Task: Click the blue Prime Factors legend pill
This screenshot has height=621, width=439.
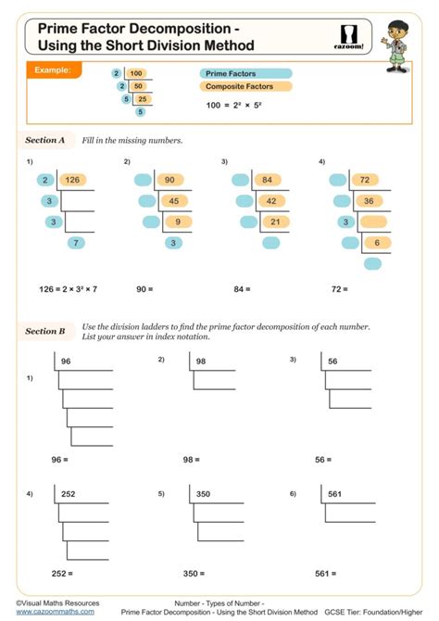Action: pos(245,73)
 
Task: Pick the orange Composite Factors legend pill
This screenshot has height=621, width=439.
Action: pos(245,87)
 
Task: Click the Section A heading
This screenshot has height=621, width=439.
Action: pos(45,141)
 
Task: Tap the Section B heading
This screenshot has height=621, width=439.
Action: pos(45,331)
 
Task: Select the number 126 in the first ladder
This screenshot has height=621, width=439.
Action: pos(74,180)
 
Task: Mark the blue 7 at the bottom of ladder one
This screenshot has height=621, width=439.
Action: pos(77,243)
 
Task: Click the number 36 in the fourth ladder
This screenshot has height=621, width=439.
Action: pos(368,200)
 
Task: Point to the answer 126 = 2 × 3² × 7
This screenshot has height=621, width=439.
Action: pos(69,289)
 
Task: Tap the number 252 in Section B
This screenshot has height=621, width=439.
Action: pos(69,495)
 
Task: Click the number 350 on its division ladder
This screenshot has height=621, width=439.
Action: pos(204,495)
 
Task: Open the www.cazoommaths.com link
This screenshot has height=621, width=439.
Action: pos(55,612)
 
